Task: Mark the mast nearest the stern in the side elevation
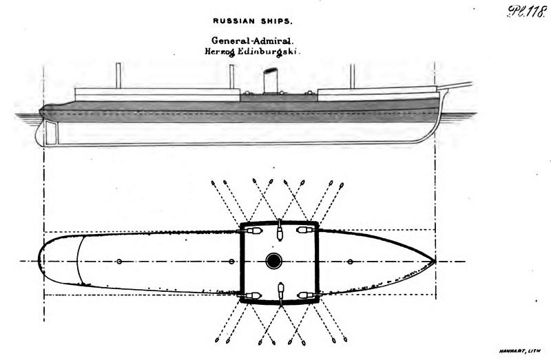pos(118,75)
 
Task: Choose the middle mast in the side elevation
pos(232,76)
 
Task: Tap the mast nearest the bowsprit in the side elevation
pos(351,76)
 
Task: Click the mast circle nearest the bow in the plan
pos(351,262)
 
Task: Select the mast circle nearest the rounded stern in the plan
pos(119,262)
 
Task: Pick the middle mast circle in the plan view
pos(232,262)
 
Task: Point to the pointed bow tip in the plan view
pos(435,261)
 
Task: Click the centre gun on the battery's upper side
pos(279,231)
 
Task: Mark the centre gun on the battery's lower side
pos(279,293)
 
